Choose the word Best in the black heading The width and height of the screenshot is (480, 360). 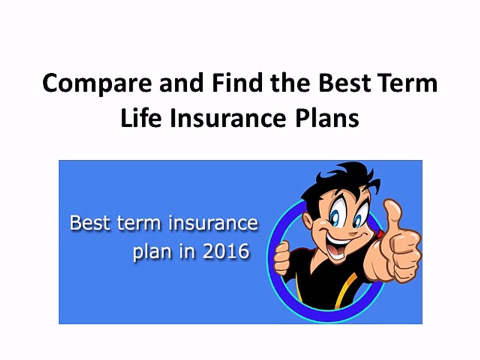pos(342,82)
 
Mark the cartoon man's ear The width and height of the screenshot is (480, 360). pos(305,220)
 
